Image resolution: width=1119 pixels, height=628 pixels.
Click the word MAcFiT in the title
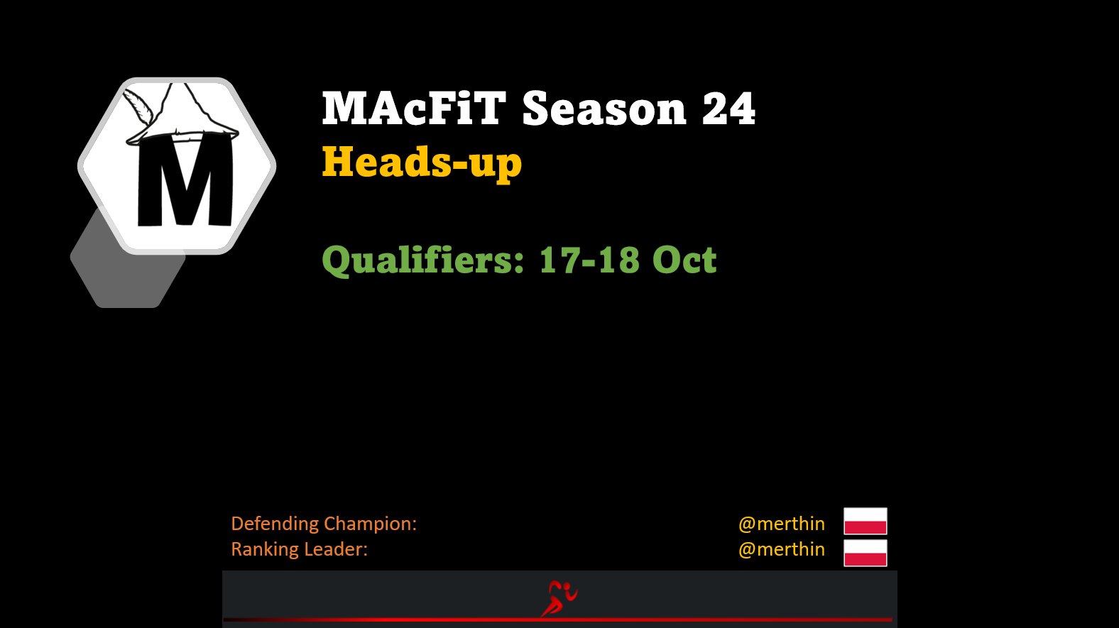coord(414,108)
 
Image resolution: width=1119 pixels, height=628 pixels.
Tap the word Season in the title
coord(604,108)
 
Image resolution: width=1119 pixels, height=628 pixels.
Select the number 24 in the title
coord(729,108)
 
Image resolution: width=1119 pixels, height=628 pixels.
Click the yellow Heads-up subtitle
coord(422,162)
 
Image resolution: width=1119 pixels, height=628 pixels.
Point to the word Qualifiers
coord(423,260)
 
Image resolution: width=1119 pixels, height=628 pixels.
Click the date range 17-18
coord(589,260)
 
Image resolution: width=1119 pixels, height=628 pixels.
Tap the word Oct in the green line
coord(685,260)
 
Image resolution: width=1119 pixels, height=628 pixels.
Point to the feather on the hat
coord(138,106)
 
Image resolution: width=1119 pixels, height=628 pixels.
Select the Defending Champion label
coord(324,524)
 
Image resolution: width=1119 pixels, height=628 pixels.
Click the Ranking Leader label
coord(299,549)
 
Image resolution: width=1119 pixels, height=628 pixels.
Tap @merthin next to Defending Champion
coord(782,524)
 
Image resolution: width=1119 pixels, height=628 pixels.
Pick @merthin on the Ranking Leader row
coord(782,549)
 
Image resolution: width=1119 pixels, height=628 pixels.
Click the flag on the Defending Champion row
coord(866,521)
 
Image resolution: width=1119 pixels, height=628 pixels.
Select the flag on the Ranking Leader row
coord(866,553)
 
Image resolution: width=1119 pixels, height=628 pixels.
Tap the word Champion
coord(370,524)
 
